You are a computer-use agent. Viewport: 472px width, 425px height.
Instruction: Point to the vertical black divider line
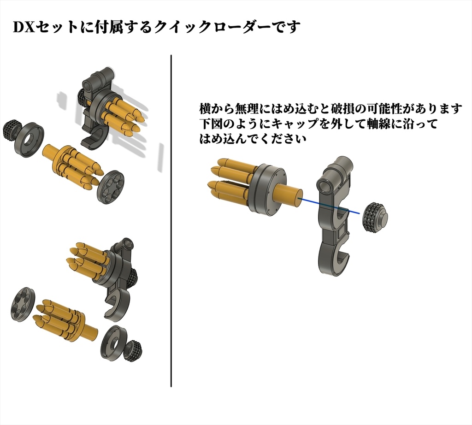pyautogui.click(x=171, y=221)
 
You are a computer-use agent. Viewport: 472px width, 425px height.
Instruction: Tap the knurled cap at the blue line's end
pyautogui.click(x=374, y=217)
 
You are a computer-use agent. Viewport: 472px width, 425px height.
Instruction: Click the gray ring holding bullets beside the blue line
pyautogui.click(x=267, y=189)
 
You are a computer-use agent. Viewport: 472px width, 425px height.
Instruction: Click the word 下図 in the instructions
pyautogui.click(x=210, y=124)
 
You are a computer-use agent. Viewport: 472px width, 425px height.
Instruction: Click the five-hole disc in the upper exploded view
pyautogui.click(x=111, y=187)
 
